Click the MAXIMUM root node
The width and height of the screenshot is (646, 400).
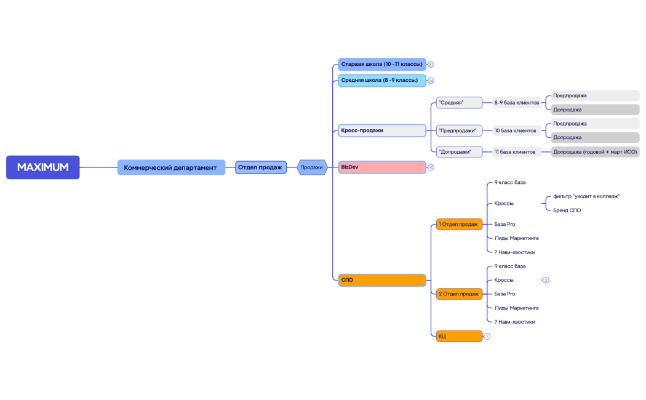pos(43,167)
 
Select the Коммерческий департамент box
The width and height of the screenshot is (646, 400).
pos(171,167)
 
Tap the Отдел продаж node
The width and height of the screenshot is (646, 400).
pos(261,167)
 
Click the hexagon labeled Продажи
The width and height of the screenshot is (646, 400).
pos(312,167)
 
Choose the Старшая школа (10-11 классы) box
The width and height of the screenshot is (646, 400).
pos(382,64)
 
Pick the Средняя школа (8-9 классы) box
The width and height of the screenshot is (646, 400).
pos(382,81)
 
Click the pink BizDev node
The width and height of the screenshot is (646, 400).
pos(382,167)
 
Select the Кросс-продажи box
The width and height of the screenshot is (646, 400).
pos(382,130)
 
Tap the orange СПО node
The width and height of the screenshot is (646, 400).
pos(382,280)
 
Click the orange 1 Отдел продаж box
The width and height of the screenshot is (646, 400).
pos(459,225)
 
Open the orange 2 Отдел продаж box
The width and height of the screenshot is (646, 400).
pos(459,294)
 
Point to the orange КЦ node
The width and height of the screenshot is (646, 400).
pos(459,336)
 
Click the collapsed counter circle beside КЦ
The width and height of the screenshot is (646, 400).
pos(487,337)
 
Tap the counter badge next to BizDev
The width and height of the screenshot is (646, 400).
pos(431,167)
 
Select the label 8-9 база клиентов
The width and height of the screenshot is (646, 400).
pos(517,103)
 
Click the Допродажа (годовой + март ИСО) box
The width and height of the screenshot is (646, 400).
pos(596,152)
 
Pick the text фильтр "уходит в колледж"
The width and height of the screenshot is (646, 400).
pos(586,196)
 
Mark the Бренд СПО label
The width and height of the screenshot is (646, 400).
pos(567,210)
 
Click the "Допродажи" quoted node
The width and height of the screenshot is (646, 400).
pos(459,152)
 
